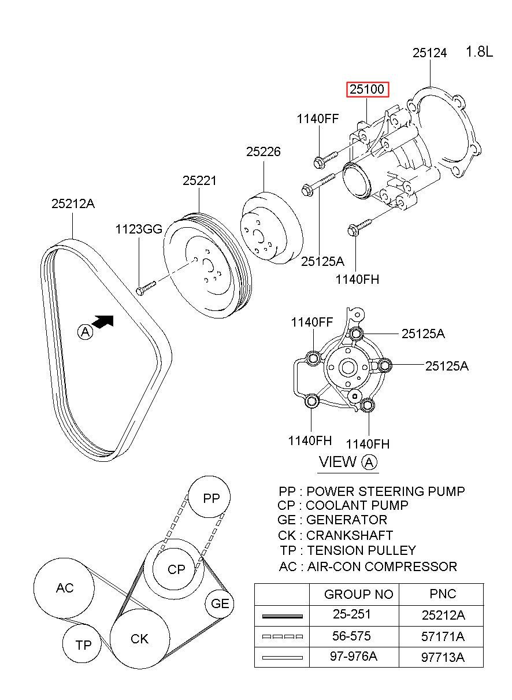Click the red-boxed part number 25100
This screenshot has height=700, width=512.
(368, 90)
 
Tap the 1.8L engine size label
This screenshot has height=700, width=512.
(479, 51)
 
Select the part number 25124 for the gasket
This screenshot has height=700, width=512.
(429, 53)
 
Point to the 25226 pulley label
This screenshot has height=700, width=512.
(264, 151)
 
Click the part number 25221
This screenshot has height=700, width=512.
(199, 180)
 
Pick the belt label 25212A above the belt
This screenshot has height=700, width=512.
(73, 203)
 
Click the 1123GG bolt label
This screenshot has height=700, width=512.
(139, 229)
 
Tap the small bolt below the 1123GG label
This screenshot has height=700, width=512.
(146, 288)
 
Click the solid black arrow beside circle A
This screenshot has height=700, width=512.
(103, 321)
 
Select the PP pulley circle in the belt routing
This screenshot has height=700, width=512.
(210, 497)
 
